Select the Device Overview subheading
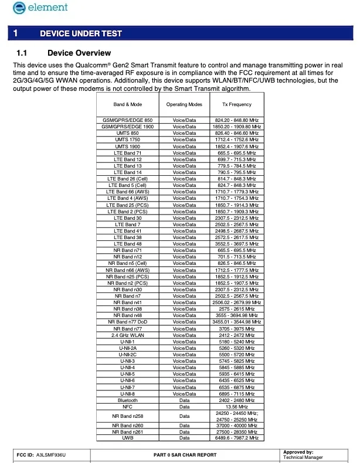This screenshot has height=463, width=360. coord(79,53)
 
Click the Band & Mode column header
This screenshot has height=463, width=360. coord(127,104)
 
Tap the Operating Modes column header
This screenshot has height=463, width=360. coord(184,104)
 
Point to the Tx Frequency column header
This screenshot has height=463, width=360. coord(237,104)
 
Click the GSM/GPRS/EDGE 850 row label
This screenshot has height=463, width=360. coord(127,120)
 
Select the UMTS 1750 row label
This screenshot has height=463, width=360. coord(127,139)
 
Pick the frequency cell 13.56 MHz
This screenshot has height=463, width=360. coord(237,406)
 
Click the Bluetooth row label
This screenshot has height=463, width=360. coord(127,400)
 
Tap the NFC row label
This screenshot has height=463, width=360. coord(127,406)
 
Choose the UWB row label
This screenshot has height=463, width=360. coord(127,437)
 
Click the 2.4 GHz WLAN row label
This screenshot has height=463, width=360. coord(127,335)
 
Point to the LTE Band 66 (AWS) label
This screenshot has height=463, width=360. coord(127,192)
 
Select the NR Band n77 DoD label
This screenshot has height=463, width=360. coord(127,322)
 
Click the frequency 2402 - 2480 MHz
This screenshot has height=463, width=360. coord(237,400)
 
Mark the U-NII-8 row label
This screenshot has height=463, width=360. coord(127,393)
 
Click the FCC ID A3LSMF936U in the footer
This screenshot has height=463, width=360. coord(42,455)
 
